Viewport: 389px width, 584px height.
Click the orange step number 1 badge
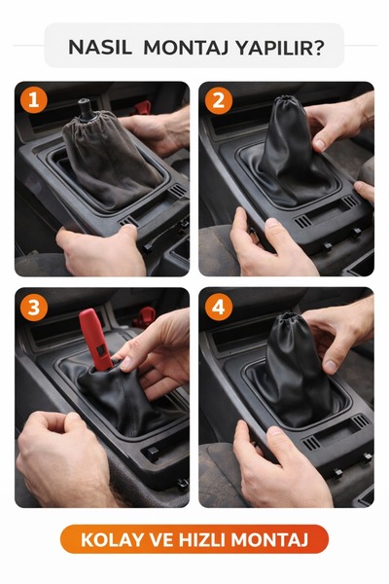[34, 100]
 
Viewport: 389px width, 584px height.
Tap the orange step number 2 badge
[219, 100]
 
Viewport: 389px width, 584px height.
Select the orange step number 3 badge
[34, 308]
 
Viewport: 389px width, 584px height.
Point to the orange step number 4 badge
[219, 308]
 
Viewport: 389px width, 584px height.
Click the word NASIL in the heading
[100, 48]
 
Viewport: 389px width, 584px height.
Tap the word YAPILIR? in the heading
[280, 48]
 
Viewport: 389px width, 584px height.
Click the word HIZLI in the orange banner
[201, 540]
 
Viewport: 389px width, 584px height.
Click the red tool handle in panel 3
[95, 340]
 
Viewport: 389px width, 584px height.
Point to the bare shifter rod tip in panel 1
[85, 107]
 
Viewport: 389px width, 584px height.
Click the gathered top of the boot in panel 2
[287, 101]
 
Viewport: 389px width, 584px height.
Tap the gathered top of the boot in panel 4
[287, 319]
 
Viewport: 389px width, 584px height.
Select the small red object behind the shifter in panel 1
[142, 108]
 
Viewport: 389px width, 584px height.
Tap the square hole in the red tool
[100, 349]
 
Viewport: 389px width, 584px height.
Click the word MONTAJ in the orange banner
[269, 540]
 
